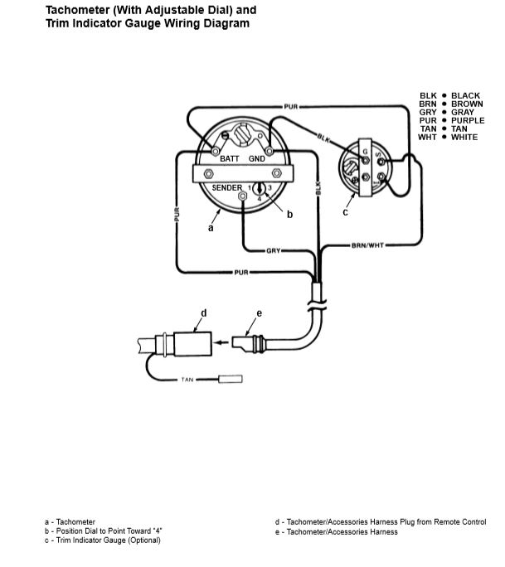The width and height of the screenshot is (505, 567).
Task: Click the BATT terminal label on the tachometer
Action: pyautogui.click(x=230, y=159)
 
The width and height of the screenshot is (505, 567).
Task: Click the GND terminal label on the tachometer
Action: pyautogui.click(x=257, y=159)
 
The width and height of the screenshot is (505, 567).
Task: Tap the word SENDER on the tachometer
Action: pyautogui.click(x=227, y=187)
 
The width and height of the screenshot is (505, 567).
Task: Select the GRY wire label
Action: pyautogui.click(x=274, y=250)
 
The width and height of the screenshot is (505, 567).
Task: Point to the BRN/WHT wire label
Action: pyautogui.click(x=367, y=245)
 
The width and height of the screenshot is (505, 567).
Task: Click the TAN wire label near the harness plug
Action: pyautogui.click(x=187, y=380)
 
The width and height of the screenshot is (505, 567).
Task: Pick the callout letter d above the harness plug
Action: pyautogui.click(x=204, y=313)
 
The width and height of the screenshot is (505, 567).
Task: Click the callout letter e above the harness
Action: pyautogui.click(x=259, y=313)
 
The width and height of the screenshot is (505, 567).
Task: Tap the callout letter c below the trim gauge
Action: pyautogui.click(x=346, y=212)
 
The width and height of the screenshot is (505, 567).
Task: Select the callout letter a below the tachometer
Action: pyautogui.click(x=211, y=228)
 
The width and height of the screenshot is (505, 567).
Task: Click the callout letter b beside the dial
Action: pyautogui.click(x=289, y=215)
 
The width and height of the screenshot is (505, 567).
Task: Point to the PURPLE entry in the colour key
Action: pyautogui.click(x=468, y=120)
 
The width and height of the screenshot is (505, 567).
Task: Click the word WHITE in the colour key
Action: pyautogui.click(x=464, y=137)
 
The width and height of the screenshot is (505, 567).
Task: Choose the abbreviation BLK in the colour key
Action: pyautogui.click(x=429, y=95)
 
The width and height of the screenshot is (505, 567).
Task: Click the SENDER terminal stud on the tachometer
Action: pyautogui.click(x=243, y=196)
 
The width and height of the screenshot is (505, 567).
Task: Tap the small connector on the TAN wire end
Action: pyautogui.click(x=230, y=379)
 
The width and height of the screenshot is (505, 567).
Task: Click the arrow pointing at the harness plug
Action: pyautogui.click(x=221, y=342)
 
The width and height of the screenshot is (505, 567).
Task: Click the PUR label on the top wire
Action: pyautogui.click(x=291, y=107)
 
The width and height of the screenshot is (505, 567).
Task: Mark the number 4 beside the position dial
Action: pyautogui.click(x=259, y=198)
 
